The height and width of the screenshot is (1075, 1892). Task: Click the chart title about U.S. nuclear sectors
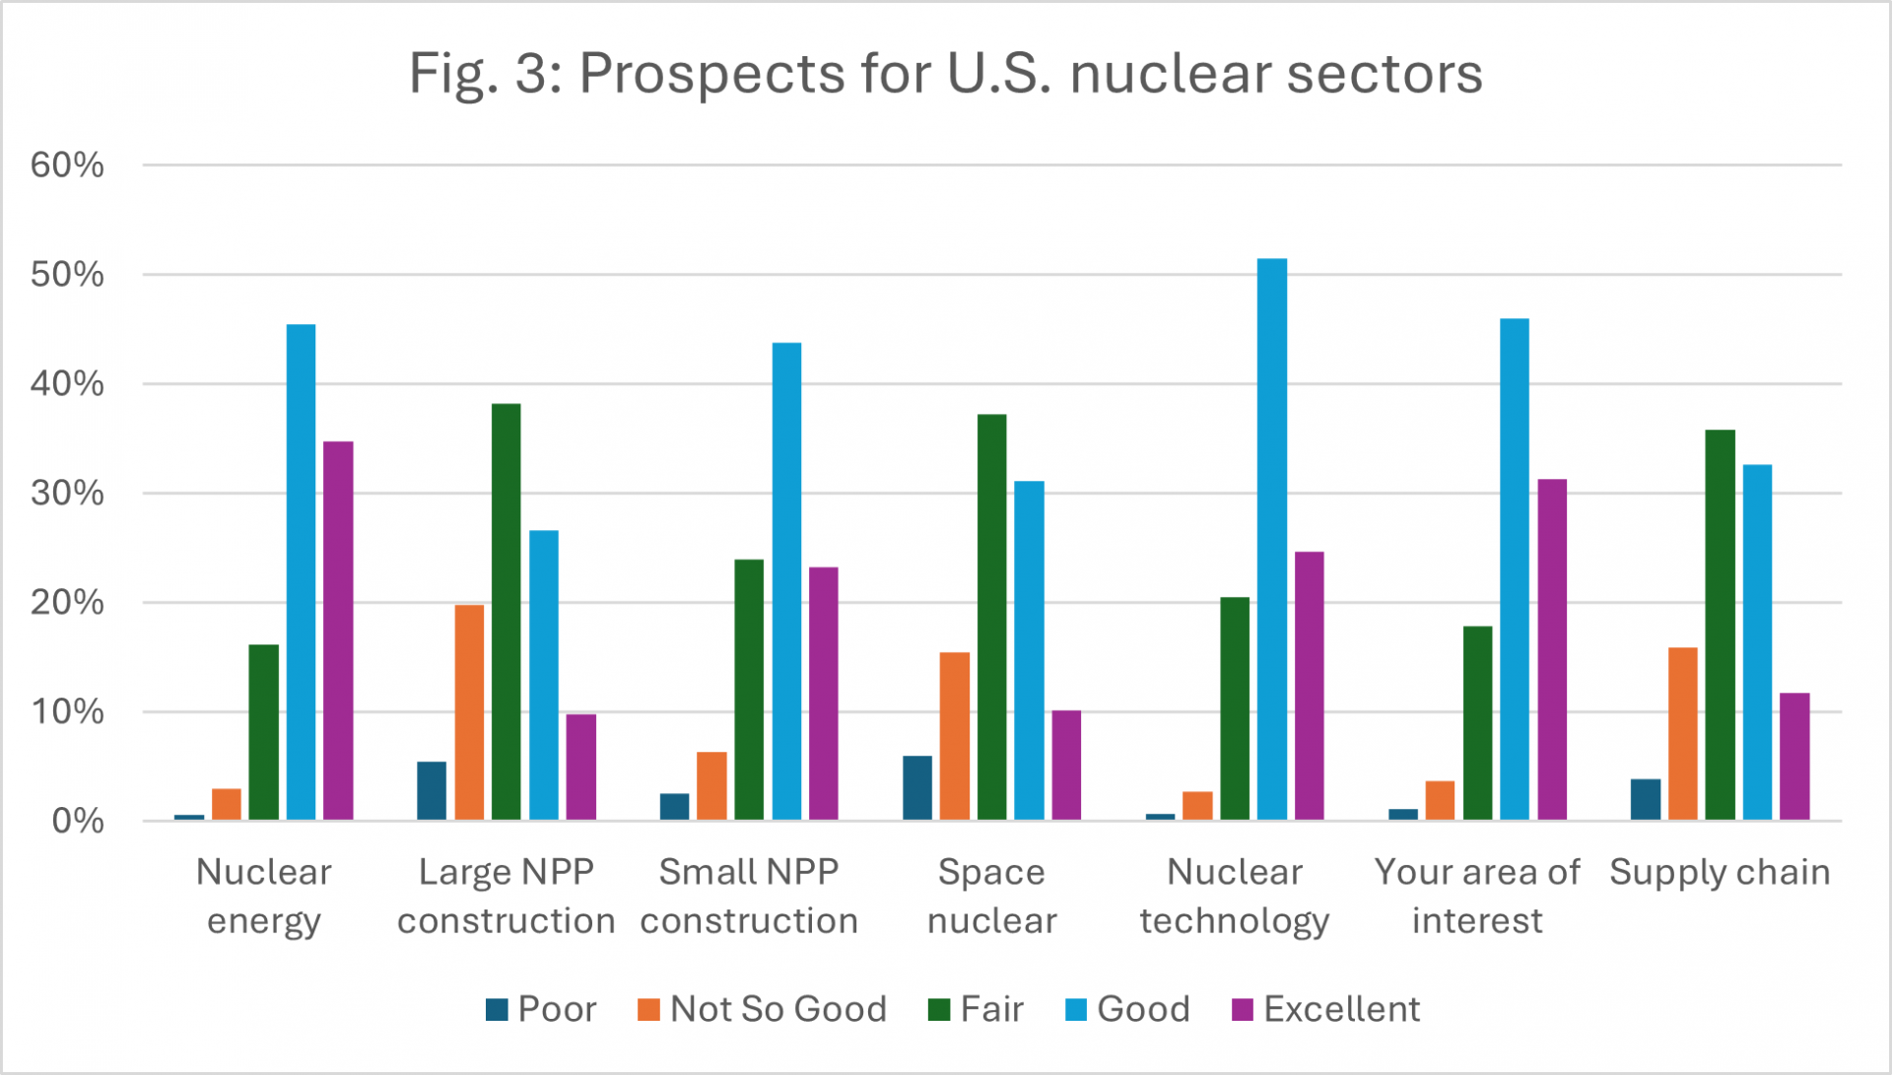945,73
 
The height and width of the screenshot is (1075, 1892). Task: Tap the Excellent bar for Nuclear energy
338,631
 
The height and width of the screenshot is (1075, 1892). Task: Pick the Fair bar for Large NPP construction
506,611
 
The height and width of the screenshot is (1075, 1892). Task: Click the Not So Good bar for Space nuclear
954,736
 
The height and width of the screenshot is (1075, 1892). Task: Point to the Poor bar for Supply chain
1645,799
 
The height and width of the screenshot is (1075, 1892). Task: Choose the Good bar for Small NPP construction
786,581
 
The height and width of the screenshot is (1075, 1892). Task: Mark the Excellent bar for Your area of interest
1552,649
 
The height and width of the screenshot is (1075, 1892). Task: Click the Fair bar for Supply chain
1720,625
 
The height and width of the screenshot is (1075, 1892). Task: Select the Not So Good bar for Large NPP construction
469,711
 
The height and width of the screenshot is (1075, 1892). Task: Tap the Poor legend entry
541,1009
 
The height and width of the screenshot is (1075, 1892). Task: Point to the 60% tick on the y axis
67,165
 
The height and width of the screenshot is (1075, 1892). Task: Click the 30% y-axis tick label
67,493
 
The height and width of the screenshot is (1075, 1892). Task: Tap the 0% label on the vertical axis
77,821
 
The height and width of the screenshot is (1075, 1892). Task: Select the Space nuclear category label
991,896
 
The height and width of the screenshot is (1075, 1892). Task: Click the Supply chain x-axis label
1720,872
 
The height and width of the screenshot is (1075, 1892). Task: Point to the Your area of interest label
1476,896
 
